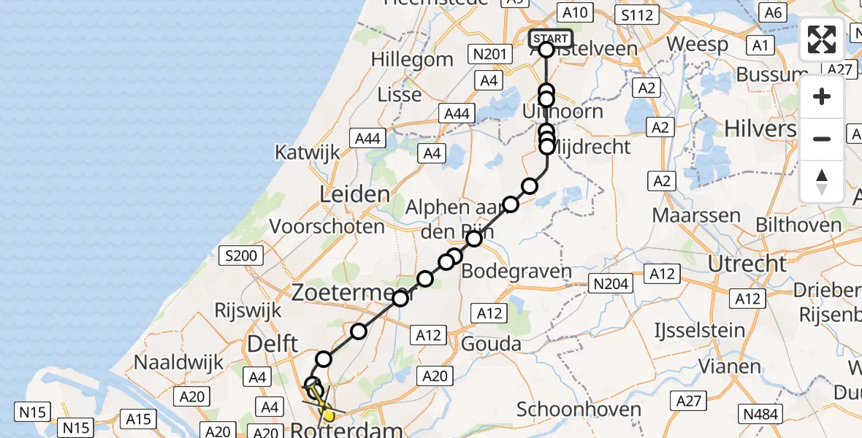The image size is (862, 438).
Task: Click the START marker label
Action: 549,39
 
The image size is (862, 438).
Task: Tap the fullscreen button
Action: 822,39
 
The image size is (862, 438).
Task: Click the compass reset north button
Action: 822,182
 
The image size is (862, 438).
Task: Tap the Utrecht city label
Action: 750,264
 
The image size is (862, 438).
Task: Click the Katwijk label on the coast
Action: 308,153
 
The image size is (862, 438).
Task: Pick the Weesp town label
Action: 698,44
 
